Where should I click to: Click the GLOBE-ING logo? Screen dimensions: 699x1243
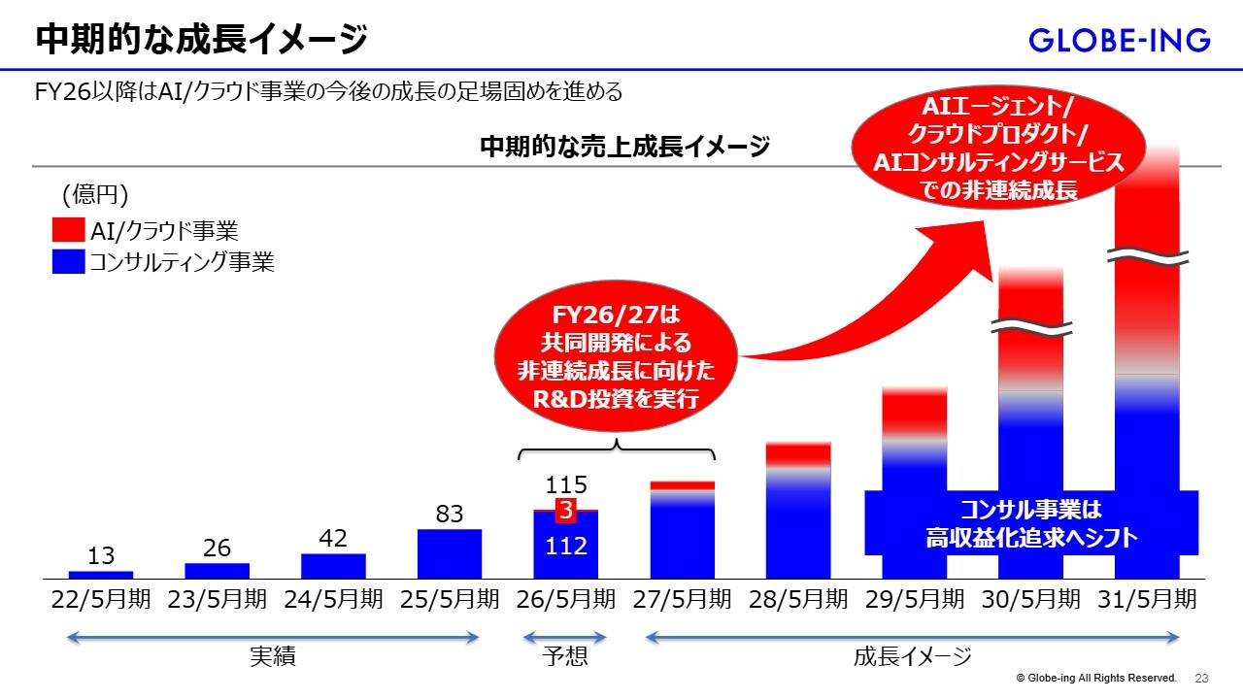coord(1119,41)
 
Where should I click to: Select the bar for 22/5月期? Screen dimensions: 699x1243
coord(101,574)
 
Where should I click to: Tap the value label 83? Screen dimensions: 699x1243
coord(449,514)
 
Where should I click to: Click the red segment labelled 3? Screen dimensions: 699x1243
coord(566,511)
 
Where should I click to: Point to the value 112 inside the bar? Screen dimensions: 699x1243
coord(566,547)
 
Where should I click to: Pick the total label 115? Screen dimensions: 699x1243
coord(566,484)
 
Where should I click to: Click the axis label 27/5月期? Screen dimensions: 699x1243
coord(682,599)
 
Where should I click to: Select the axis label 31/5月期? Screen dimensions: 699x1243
coord(1147,599)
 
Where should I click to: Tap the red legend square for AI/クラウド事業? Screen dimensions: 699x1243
coord(68,230)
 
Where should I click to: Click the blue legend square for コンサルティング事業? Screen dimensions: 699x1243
coord(68,262)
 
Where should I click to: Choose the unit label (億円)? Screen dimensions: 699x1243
coord(95,195)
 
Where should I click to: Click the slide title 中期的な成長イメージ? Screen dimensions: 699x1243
coord(202,41)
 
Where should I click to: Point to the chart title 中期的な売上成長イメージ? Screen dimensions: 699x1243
coord(624,147)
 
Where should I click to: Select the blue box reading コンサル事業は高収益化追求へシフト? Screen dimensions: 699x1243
coord(1031,523)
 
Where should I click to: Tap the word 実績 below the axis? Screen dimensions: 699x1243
coord(273,657)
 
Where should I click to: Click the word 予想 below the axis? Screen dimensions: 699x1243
coord(565,657)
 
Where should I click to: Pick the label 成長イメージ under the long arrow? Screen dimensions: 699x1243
coord(913,657)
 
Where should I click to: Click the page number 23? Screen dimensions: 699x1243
coord(1201,678)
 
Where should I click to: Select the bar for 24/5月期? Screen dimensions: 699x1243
coord(333,566)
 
